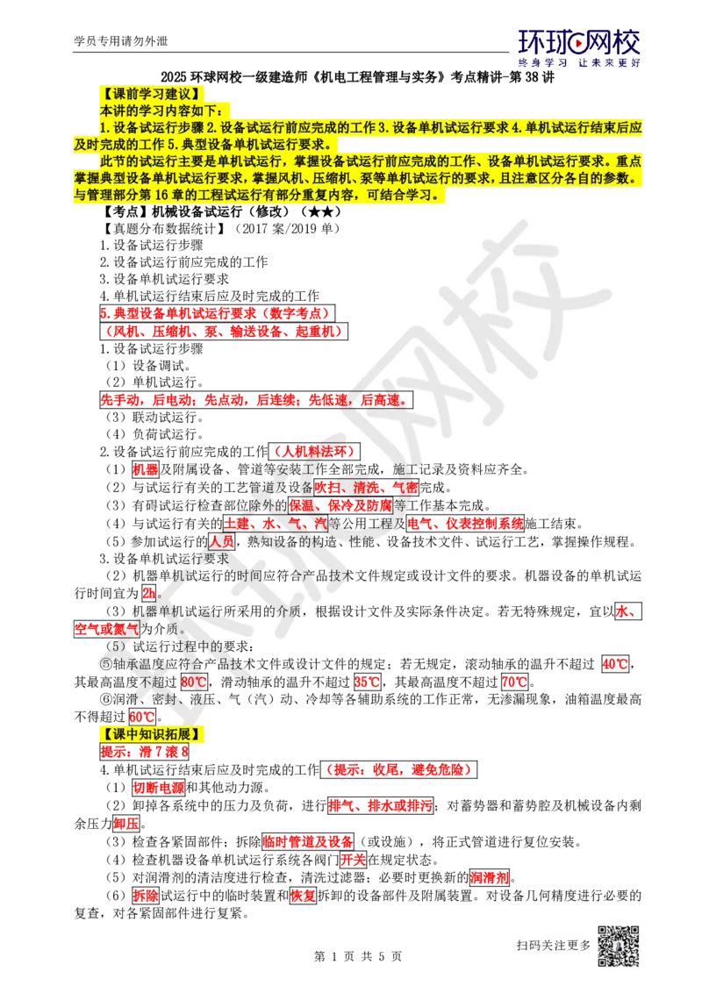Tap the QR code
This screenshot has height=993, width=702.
pyautogui.click(x=617, y=947)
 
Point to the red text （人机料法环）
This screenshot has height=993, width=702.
pyautogui.click(x=314, y=451)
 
